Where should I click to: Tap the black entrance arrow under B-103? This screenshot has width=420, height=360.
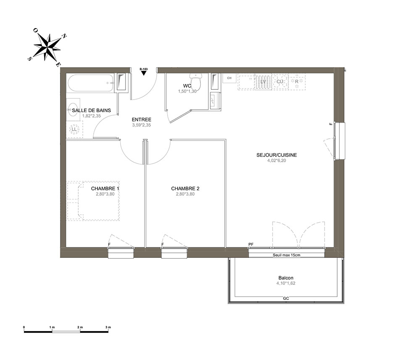pos(144,73)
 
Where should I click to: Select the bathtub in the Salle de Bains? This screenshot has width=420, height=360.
pos(90,83)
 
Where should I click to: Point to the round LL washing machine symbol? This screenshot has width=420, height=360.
pos(74,129)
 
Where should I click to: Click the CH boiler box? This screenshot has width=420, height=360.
pos(229,78)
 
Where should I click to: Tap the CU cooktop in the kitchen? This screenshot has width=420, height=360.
pos(280,81)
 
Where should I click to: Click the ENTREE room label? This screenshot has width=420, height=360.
pos(142,120)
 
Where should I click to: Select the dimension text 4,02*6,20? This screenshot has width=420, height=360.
pos(277,160)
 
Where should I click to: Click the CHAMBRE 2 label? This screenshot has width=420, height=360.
pos(185,189)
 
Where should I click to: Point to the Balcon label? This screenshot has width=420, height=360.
pos(286,278)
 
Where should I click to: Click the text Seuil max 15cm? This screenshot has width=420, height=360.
pos(286,255)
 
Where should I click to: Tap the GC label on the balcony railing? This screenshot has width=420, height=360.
pos(286,298)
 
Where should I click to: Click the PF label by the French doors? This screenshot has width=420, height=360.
pos(251,244)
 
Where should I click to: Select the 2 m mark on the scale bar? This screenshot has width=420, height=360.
pos(80,327)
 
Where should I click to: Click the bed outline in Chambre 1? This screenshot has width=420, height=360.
pos(93,201)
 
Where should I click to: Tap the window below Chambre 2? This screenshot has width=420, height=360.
pos(174,253)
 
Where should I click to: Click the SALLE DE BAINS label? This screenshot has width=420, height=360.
pos(91,110)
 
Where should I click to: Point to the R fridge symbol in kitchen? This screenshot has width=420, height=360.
pos(297,81)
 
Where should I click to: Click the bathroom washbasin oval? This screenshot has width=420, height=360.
pos(73,109)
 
